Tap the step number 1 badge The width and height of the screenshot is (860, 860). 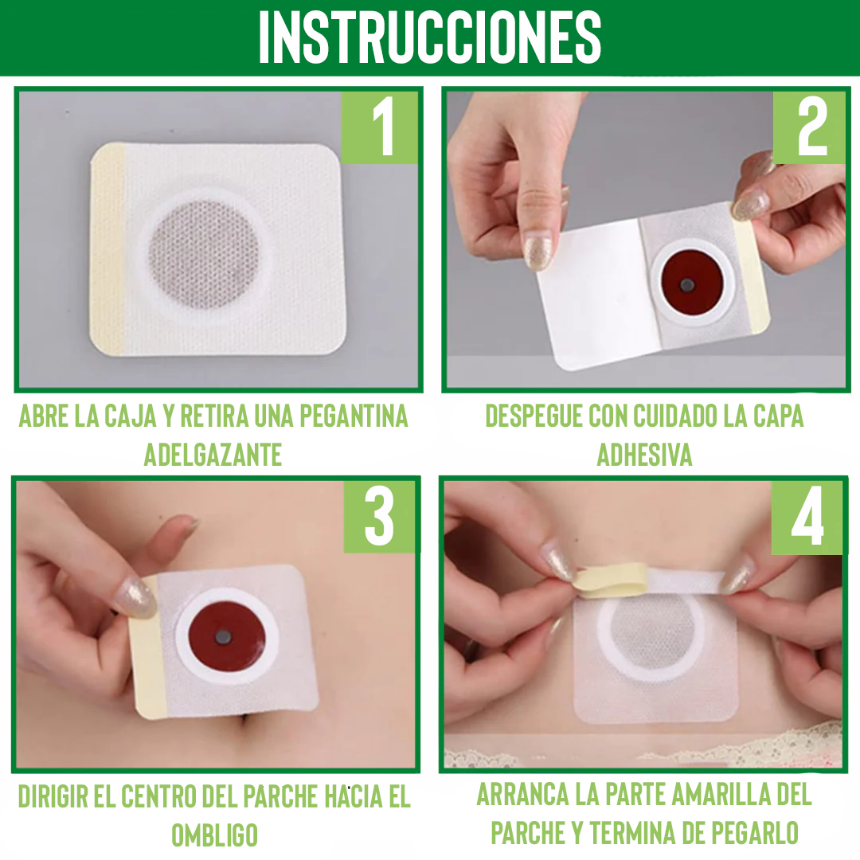[x=381, y=127]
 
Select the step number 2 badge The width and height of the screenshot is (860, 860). [x=811, y=127]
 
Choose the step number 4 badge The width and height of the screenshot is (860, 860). [x=807, y=518]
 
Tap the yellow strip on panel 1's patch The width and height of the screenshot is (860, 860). [x=107, y=248]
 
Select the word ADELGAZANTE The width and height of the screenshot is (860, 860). [x=213, y=455]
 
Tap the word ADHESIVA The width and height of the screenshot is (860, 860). [x=644, y=455]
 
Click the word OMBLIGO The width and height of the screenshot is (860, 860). [x=214, y=835]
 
